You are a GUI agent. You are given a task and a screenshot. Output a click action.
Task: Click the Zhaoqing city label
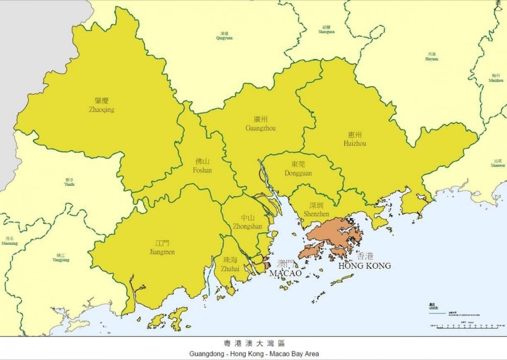coord(101,106)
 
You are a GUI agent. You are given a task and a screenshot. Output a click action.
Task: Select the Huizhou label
coord(353,139)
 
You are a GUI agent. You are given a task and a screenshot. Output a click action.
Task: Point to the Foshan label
coord(202,166)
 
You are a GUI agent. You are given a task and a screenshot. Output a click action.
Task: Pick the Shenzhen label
coord(316,210)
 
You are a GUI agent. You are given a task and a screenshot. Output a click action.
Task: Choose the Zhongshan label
coord(247,222)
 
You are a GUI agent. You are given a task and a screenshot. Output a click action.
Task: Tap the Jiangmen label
coord(162,248)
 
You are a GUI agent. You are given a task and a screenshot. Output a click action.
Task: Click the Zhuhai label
coord(231,264)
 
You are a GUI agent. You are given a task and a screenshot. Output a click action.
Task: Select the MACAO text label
coord(285,273)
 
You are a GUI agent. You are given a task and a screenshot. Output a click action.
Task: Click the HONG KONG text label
coord(364,266)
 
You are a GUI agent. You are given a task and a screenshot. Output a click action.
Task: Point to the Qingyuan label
coord(224,36)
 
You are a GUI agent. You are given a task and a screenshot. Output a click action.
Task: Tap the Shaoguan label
coord(326,30)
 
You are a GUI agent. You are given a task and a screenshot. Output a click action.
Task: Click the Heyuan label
coord(431,56)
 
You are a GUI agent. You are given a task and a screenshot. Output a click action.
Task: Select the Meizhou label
coord(496,78)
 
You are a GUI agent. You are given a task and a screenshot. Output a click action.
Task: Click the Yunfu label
coord(69,182)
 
